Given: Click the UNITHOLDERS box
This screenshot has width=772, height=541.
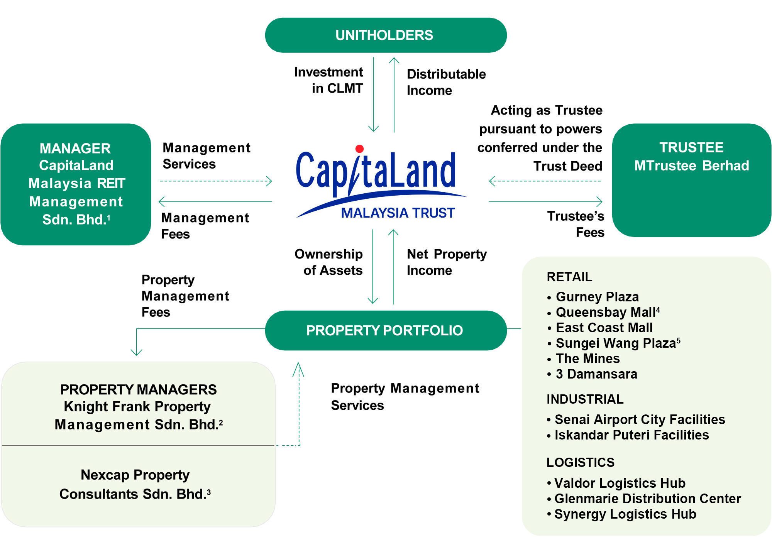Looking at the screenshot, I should click(385, 35).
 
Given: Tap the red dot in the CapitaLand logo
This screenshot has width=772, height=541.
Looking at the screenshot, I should click(359, 149).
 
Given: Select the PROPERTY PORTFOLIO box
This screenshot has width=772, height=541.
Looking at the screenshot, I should click(385, 330).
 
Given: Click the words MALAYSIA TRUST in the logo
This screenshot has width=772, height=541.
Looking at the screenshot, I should click(398, 213).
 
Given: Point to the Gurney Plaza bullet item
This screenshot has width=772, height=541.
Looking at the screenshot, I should click(597, 297).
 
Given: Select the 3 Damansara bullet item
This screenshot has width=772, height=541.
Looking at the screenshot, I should click(596, 374).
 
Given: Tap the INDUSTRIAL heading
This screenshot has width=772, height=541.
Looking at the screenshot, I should click(585, 399).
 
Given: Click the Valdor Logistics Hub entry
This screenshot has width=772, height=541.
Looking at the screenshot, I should click(620, 483).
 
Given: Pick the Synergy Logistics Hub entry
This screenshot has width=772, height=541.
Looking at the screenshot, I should click(625, 514).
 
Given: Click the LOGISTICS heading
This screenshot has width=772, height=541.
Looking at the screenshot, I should click(580, 462).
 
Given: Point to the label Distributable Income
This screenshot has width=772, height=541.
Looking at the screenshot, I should click(446, 82).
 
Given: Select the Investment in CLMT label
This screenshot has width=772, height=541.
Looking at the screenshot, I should click(329, 80).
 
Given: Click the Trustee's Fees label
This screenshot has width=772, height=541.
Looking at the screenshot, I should click(576, 224).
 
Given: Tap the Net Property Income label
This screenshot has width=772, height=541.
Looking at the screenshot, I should click(446, 262).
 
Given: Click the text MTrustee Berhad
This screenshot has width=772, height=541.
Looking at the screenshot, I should click(691, 166).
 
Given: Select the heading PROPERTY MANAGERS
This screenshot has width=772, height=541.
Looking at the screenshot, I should click(138, 389).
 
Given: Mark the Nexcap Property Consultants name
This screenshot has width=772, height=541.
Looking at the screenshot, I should click(135, 484).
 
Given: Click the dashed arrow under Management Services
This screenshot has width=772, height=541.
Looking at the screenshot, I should click(216, 181).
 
